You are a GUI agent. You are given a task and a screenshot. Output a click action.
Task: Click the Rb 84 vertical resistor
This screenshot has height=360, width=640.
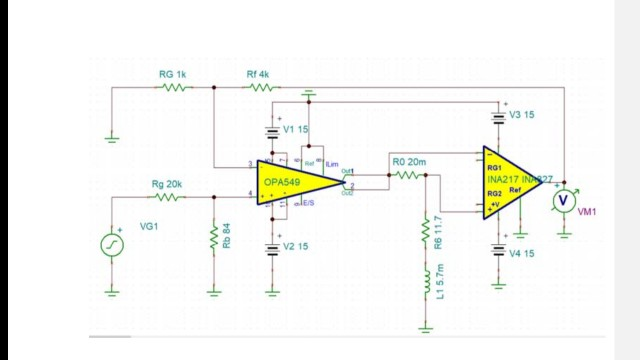(x=213, y=241)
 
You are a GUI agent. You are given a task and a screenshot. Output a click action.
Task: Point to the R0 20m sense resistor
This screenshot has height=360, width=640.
(x=407, y=174)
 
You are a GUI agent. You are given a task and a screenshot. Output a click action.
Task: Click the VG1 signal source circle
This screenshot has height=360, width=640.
(x=113, y=244)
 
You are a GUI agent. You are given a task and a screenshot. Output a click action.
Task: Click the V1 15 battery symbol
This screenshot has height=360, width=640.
(x=271, y=131)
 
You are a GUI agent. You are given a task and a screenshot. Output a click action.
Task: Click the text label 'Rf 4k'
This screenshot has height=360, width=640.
(x=258, y=74)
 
